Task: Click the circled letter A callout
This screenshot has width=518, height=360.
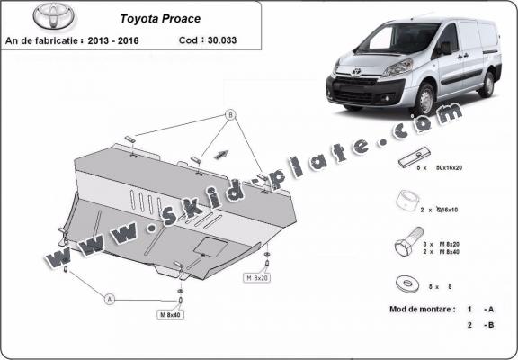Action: [x=111, y=298]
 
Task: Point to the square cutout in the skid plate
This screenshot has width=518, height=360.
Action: [x=210, y=247]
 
